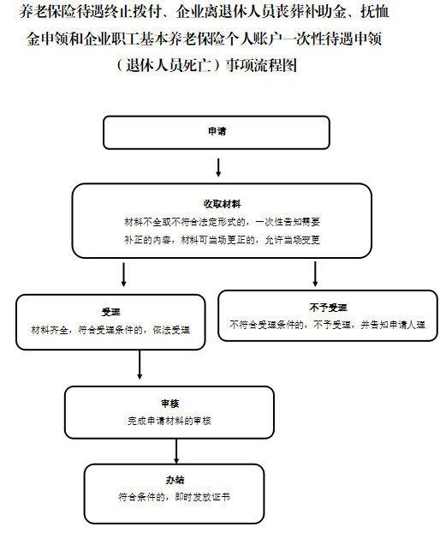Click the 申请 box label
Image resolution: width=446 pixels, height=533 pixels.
tap(217, 131)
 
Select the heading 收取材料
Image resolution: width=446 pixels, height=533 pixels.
tap(223, 204)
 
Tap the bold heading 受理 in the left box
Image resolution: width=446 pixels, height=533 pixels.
tap(110, 312)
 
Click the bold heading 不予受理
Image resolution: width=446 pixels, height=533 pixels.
tap(328, 308)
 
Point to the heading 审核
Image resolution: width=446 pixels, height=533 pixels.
tap(169, 404)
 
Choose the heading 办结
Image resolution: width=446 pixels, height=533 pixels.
tap(175, 480)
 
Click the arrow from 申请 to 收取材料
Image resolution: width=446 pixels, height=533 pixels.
tap(218, 168)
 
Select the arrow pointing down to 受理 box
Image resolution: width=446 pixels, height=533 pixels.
tap(123, 274)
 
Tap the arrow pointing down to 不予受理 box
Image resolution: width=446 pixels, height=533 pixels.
tap(315, 274)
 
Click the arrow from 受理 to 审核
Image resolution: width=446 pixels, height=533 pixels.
tap(140, 364)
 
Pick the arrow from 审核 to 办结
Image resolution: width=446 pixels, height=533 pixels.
tap(176, 451)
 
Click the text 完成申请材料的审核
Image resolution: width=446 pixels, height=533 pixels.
tap(169, 421)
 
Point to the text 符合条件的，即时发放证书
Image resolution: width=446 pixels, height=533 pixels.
tap(175, 497)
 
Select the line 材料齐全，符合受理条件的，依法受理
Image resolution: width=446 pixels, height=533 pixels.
tap(110, 330)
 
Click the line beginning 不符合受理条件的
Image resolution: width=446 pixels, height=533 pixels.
tap(328, 325)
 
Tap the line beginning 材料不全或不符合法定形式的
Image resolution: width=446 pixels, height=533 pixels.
tap(223, 222)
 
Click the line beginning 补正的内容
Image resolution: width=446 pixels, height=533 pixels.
tap(223, 240)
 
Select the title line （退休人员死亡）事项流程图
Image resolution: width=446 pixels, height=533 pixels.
tap(207, 65)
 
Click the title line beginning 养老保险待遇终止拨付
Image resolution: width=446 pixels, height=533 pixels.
tap(204, 12)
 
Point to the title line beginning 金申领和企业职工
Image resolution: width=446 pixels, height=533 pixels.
tap(204, 39)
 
